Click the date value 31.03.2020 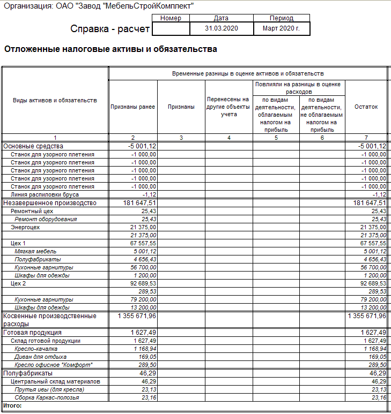pyautogui.click(x=221, y=28)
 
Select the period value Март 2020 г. pyautogui.click(x=282, y=28)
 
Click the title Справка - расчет pyautogui.click(x=110, y=29)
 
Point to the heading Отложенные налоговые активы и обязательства pyautogui.click(x=110, y=49)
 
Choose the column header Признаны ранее pyautogui.click(x=132, y=107)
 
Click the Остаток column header pyautogui.click(x=366, y=107)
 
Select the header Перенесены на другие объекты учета pyautogui.click(x=229, y=107)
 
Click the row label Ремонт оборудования pyautogui.click(x=46, y=219)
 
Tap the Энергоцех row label pyautogui.click(x=25, y=227)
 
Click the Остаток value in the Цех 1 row pyautogui.click(x=371, y=243)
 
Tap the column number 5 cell pyautogui.click(x=276, y=138)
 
